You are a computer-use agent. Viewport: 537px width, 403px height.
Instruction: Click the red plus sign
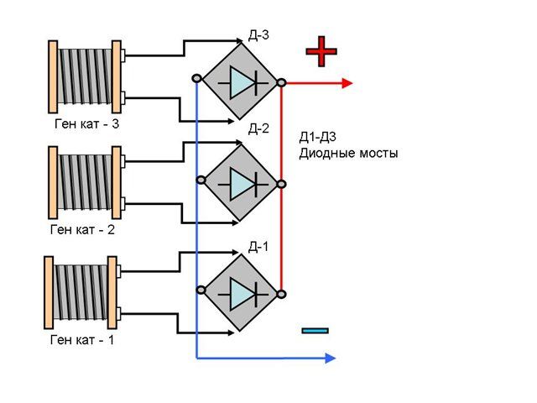[x=321, y=51]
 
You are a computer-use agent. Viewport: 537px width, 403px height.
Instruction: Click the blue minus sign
[x=315, y=331]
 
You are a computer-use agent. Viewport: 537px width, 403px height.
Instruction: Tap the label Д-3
[x=258, y=35]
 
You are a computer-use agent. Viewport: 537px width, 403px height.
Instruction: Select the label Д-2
[x=258, y=128]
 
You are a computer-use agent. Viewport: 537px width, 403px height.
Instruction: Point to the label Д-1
[x=258, y=247]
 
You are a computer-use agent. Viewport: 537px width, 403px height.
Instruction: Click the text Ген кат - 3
[x=86, y=123]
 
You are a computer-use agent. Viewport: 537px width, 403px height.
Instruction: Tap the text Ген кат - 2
[x=82, y=229]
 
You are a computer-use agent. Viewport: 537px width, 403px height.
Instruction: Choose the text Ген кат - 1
[x=82, y=340]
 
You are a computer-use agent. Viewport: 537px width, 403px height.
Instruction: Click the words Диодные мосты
[x=349, y=153]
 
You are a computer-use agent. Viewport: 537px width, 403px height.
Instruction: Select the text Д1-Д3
[x=317, y=137]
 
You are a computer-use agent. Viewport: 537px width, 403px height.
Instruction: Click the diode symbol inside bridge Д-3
[x=243, y=82]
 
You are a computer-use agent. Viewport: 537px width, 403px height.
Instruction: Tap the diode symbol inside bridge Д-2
[x=243, y=184]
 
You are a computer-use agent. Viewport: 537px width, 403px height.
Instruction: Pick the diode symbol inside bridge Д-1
[x=243, y=294]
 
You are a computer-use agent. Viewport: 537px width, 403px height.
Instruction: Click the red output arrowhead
[x=347, y=83]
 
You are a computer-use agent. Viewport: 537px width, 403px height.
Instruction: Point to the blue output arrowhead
[x=330, y=359]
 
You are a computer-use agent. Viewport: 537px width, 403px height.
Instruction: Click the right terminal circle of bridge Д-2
[x=281, y=185]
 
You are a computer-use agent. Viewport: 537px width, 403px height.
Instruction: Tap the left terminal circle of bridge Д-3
[x=196, y=79]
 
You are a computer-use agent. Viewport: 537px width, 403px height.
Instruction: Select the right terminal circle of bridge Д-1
[x=281, y=295]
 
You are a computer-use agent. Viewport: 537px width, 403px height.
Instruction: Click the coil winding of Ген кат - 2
[x=84, y=182]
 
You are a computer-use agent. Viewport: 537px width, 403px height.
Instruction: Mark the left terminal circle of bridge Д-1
[x=201, y=290]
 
